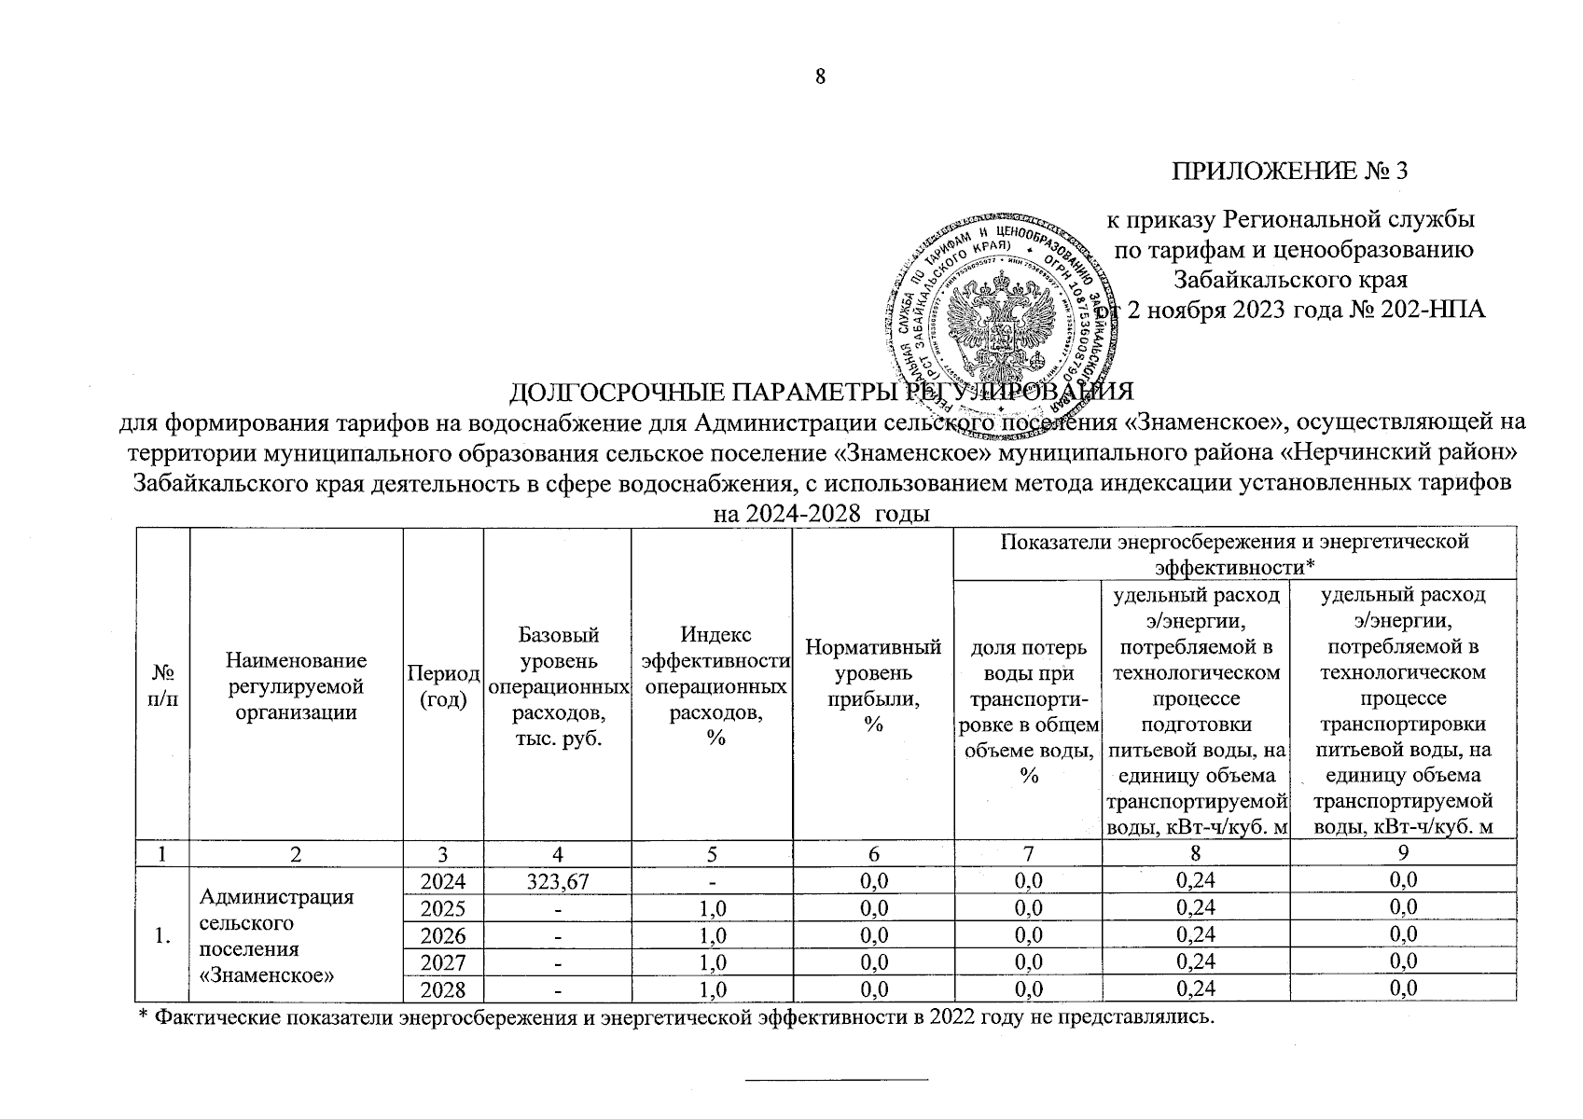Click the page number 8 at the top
820,77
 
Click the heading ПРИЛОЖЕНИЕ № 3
1289,171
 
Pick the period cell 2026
442,935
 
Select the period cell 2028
442,989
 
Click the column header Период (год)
443,686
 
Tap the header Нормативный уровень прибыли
872,686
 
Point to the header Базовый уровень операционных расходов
557,686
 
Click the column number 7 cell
1028,853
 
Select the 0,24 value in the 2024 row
1196,880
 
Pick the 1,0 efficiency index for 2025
712,908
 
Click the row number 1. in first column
163,935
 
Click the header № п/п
163,686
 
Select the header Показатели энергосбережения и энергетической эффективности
1234,553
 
